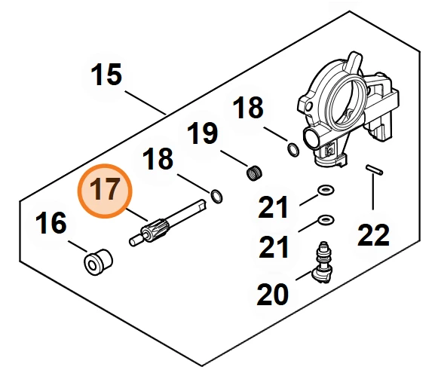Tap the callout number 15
[x=106, y=75]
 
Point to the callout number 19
[x=202, y=133]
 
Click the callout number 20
[x=273, y=294]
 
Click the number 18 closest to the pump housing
[x=248, y=107]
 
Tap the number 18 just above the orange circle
[x=158, y=158]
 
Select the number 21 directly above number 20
[x=274, y=246]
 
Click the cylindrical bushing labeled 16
[x=98, y=261]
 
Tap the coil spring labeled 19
[x=254, y=173]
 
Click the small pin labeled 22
[x=374, y=170]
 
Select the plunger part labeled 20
[x=322, y=262]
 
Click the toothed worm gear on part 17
[x=152, y=230]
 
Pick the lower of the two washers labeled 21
[x=325, y=220]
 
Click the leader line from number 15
[x=146, y=102]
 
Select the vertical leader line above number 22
[x=373, y=192]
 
